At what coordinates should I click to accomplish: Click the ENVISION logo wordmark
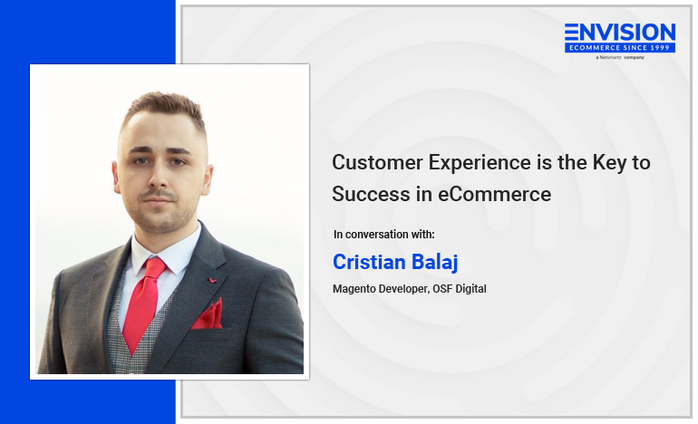[620, 33]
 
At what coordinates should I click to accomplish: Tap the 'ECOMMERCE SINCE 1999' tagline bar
[620, 48]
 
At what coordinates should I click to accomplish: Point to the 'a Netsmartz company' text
[620, 57]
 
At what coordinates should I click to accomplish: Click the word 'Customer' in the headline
[377, 162]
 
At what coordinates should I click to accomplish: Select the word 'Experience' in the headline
[480, 164]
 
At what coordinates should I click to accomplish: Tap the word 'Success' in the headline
[371, 195]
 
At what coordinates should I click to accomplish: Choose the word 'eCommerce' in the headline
[495, 195]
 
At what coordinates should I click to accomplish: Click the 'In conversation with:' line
[383, 235]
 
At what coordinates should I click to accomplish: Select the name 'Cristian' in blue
[369, 262]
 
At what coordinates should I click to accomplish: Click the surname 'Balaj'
[434, 263]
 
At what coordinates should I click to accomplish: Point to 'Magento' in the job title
[354, 289]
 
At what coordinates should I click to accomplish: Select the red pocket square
[208, 314]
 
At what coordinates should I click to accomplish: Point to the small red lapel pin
[212, 280]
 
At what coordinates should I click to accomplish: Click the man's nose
[158, 173]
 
